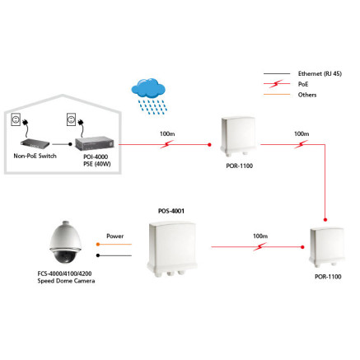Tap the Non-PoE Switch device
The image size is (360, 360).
[35, 144]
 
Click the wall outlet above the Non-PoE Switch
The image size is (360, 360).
[16, 119]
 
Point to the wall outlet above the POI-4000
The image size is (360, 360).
[72, 119]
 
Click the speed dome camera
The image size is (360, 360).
[65, 242]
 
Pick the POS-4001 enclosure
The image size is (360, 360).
[172, 249]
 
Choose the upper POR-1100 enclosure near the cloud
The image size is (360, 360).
[239, 137]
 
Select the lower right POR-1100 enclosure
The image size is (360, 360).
[327, 247]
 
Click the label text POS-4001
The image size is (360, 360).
[171, 211]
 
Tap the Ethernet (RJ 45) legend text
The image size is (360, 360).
[320, 73]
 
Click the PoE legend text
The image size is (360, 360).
[303, 84]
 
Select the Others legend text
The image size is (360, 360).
[307, 95]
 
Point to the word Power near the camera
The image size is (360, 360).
[115, 236]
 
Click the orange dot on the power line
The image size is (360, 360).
[98, 244]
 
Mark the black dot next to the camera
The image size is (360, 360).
[98, 255]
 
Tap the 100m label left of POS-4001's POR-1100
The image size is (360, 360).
[260, 236]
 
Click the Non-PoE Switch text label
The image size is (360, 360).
[35, 156]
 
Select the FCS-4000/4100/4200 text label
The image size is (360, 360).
[65, 274]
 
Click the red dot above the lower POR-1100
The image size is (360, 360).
[325, 220]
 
